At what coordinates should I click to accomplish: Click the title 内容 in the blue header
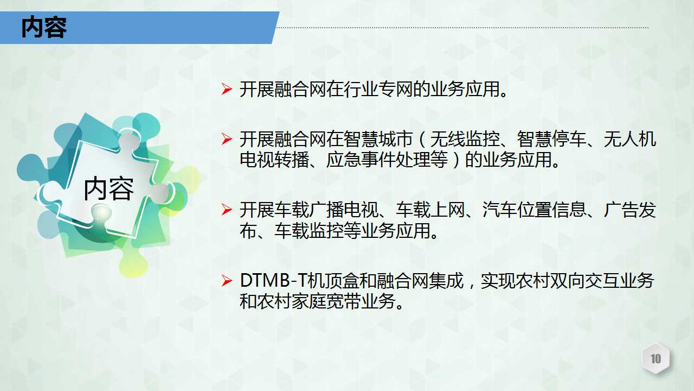(x=44, y=28)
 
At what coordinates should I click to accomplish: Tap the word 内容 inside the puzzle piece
(x=109, y=188)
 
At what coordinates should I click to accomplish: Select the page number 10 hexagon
(x=656, y=358)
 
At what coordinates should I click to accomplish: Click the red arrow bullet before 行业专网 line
(x=227, y=89)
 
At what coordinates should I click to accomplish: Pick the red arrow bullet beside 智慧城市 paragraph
(x=227, y=139)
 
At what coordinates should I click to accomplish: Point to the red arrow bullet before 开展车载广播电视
(x=227, y=210)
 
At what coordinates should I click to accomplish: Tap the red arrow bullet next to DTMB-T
(x=227, y=281)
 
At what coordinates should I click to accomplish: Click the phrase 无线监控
(x=465, y=139)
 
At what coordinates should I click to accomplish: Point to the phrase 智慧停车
(x=551, y=139)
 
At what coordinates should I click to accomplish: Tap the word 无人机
(x=630, y=139)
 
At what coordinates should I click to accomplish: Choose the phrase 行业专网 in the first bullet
(x=378, y=90)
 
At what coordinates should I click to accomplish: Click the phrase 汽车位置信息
(x=534, y=210)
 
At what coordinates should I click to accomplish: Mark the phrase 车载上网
(x=430, y=210)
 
